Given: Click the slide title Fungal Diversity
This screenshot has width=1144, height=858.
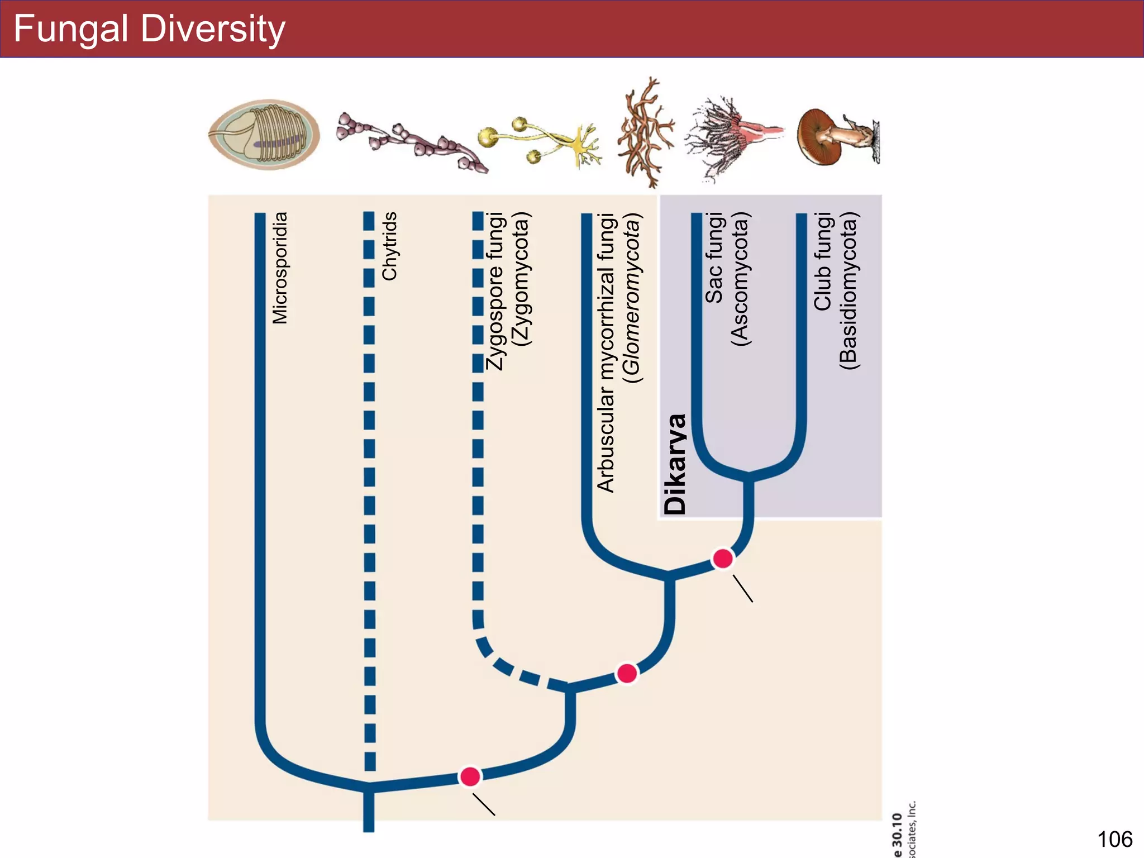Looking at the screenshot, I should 149,29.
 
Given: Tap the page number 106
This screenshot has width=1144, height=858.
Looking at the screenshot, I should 1114,839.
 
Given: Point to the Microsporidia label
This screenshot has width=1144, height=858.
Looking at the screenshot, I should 280,268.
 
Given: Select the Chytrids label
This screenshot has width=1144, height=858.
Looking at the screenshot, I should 389,246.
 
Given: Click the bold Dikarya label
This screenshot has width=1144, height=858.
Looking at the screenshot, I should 675,464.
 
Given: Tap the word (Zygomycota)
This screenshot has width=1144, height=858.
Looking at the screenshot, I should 522,279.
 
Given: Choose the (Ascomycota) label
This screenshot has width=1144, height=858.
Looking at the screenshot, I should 740,279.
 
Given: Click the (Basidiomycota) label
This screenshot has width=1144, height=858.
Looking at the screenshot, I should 848,290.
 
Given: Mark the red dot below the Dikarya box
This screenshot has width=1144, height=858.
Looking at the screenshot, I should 723,558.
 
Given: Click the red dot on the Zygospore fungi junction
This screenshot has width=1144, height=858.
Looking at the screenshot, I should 627,673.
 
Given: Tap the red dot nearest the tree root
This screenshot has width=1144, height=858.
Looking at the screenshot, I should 470,776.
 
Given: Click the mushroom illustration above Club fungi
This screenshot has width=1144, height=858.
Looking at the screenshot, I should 837,137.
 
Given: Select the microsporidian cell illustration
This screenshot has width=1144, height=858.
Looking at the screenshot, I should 264,135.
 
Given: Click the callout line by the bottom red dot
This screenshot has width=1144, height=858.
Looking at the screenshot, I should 484,805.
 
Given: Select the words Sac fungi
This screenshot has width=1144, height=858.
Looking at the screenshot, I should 714,258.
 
